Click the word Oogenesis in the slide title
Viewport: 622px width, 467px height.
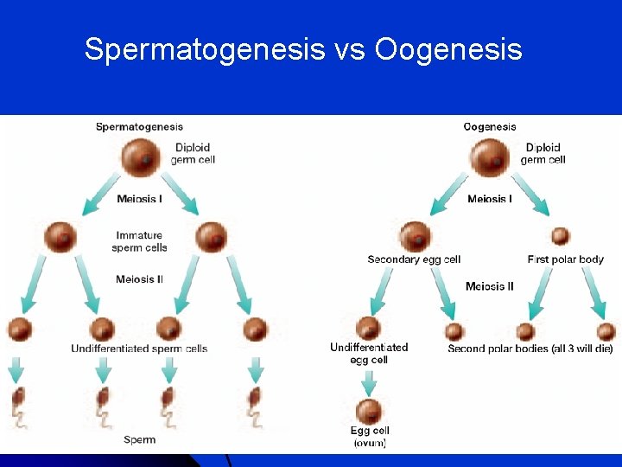tap(448, 49)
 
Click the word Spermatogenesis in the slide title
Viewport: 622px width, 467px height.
tap(203, 49)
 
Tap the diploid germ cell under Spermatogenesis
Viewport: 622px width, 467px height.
tap(140, 158)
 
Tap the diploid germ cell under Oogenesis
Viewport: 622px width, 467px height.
tap(491, 158)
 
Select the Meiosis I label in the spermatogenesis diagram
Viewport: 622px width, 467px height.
tap(139, 200)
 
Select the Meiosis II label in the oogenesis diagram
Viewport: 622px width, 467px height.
tap(489, 286)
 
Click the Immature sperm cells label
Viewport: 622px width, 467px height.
tap(139, 241)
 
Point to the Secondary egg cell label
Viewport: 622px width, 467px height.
tap(414, 259)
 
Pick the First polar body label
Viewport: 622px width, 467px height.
tap(565, 259)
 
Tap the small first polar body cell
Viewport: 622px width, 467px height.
tap(560, 235)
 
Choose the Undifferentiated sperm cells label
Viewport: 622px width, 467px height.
tap(139, 349)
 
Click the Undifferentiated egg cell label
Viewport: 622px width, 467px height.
tap(369, 353)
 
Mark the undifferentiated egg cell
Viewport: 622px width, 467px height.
tap(369, 329)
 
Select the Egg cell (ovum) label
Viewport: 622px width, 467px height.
tap(370, 436)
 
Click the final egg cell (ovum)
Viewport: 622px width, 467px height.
tap(370, 410)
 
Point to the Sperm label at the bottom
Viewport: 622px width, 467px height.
tap(139, 440)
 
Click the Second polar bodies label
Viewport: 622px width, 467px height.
tap(530, 349)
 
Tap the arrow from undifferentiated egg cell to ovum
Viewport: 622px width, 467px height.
tap(370, 381)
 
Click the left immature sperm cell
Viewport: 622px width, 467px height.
tap(60, 236)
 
